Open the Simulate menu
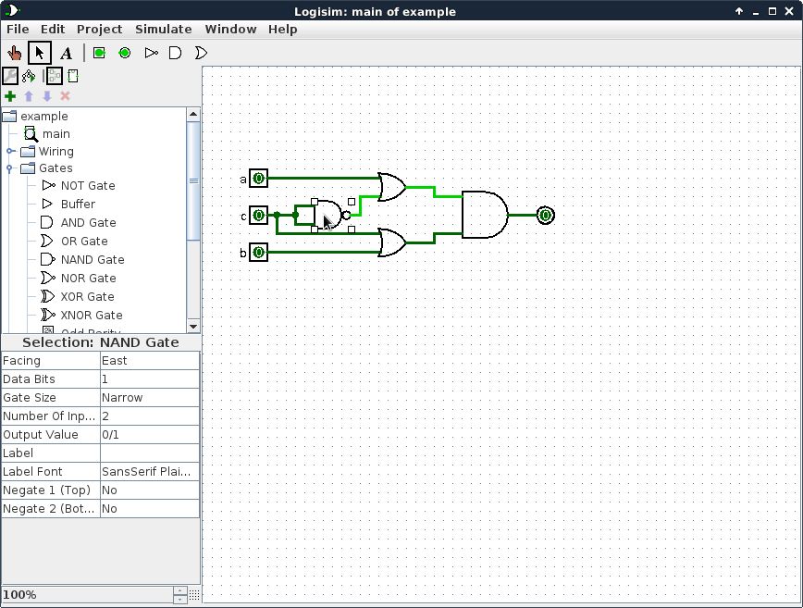tap(163, 29)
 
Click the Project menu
tap(99, 29)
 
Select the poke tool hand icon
tap(14, 53)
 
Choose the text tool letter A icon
tap(66, 53)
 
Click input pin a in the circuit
tap(258, 178)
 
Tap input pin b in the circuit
tap(258, 252)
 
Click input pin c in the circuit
tap(258, 215)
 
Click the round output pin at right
tap(545, 215)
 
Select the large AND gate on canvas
tap(484, 215)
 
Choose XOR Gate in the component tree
tap(87, 296)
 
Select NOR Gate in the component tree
tap(88, 278)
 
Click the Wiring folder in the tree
tap(56, 151)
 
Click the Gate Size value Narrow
tap(149, 397)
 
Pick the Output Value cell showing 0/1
tap(149, 434)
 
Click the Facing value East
tap(149, 360)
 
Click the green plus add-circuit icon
tap(10, 96)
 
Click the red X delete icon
tap(65, 96)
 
